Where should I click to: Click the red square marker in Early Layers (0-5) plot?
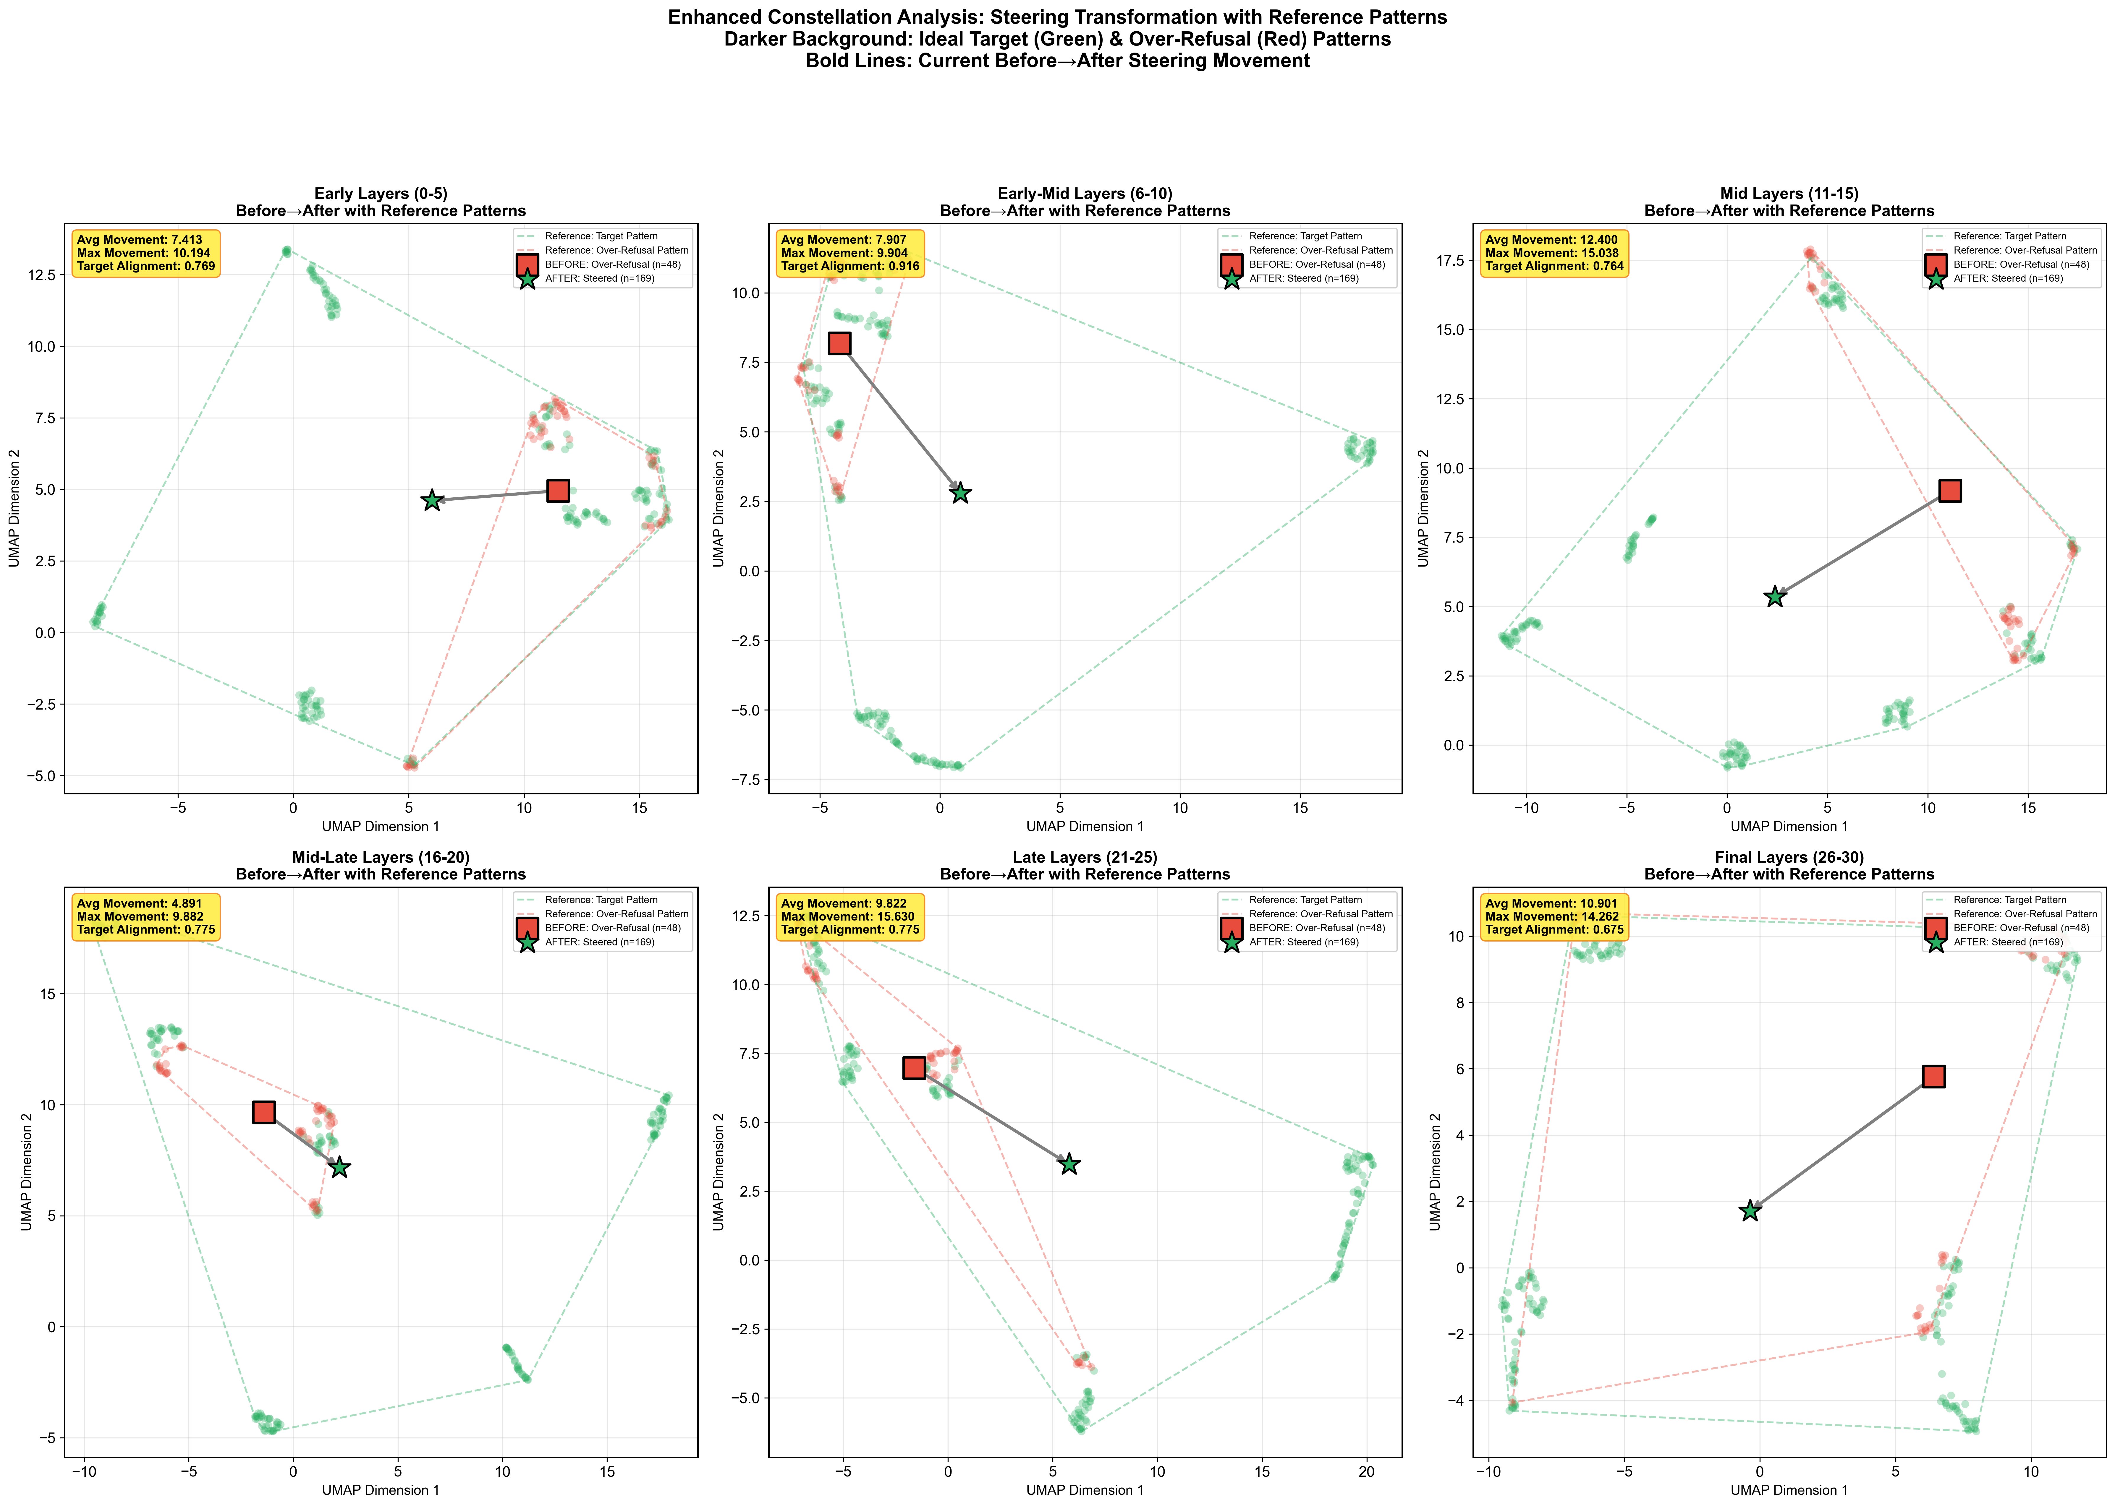click(x=558, y=491)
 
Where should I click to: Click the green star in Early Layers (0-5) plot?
click(x=431, y=501)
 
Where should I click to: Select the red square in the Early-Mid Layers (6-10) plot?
click(x=839, y=343)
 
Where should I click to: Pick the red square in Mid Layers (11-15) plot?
click(x=1950, y=491)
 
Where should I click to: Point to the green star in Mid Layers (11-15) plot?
click(x=1775, y=596)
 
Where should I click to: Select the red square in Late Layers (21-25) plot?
click(x=914, y=1067)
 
